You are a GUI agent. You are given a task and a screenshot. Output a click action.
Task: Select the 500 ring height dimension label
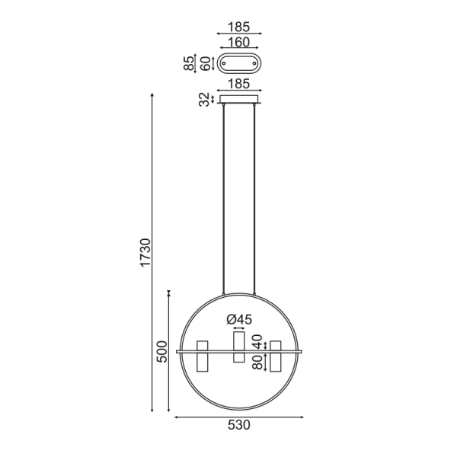pyautogui.click(x=161, y=351)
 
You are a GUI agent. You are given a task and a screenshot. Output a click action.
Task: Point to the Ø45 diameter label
pyautogui.click(x=239, y=319)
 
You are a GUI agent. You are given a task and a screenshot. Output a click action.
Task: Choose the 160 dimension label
pyautogui.click(x=239, y=43)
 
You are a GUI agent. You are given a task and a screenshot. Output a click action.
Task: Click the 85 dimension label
pyautogui.click(x=190, y=62)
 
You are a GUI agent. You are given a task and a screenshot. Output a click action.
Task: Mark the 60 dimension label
pyautogui.click(x=203, y=62)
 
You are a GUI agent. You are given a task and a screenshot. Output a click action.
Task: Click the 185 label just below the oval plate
pyautogui.click(x=239, y=85)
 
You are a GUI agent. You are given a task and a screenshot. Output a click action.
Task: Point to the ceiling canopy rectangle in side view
pyautogui.click(x=239, y=98)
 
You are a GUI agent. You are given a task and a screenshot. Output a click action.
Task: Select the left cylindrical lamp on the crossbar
pyautogui.click(x=203, y=357)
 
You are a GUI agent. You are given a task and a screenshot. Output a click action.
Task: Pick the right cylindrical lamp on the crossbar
pyautogui.click(x=275, y=357)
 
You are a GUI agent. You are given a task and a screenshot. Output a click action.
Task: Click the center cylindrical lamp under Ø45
pyautogui.click(x=239, y=347)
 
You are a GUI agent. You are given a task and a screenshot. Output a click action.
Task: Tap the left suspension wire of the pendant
pyautogui.click(x=224, y=198)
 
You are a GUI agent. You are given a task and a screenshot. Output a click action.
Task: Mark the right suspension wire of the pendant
pyautogui.click(x=254, y=198)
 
